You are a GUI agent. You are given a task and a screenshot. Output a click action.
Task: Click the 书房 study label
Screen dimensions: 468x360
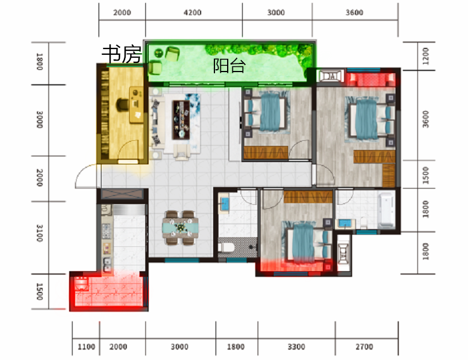(122, 54)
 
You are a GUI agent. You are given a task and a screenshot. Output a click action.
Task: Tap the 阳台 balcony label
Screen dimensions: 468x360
(229, 65)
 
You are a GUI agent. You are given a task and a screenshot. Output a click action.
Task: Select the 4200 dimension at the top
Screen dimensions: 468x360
(193, 13)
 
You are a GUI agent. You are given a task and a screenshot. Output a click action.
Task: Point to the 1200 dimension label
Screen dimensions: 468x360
(425, 56)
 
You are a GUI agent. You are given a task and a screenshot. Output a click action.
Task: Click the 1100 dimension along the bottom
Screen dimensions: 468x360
(86, 347)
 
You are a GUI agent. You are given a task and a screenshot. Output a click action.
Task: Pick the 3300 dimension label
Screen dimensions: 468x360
(296, 347)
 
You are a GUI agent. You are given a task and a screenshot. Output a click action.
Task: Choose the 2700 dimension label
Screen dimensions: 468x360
(364, 347)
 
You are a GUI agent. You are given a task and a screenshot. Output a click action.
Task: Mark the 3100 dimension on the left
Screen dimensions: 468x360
(40, 233)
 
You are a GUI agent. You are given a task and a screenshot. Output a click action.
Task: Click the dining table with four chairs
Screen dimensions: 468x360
(180, 228)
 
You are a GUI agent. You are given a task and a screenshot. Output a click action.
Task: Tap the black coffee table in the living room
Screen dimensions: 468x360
(181, 120)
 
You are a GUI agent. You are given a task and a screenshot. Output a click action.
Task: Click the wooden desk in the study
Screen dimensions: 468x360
(136, 105)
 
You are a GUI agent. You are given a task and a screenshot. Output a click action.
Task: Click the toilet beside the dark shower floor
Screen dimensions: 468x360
(224, 247)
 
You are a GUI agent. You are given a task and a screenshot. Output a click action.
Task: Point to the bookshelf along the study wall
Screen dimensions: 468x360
(104, 114)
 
